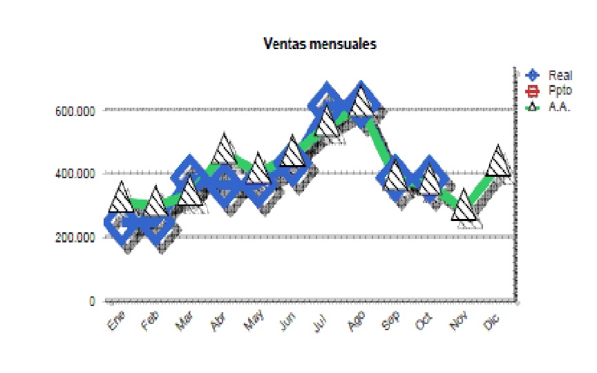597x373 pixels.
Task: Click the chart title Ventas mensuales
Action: pyautogui.click(x=320, y=44)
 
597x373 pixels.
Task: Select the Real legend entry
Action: pyautogui.click(x=560, y=75)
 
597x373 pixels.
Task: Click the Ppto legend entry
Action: pyautogui.click(x=560, y=90)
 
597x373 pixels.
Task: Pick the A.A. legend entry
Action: pyautogui.click(x=559, y=106)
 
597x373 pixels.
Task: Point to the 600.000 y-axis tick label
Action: pyautogui.click(x=75, y=110)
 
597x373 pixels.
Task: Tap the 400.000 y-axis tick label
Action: pyautogui.click(x=75, y=173)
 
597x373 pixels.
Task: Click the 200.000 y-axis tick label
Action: pyautogui.click(x=75, y=238)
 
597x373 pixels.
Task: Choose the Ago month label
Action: pyautogui.click(x=356, y=321)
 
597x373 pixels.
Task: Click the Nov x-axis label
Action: pyautogui.click(x=459, y=321)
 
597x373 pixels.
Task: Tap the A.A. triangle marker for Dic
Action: pyautogui.click(x=498, y=163)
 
